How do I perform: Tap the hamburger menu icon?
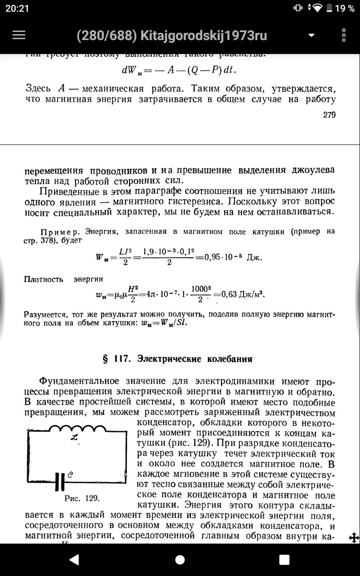point(19,36)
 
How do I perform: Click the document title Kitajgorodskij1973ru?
point(171,36)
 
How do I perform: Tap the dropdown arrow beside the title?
point(311,36)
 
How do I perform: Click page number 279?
point(329,115)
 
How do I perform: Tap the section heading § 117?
point(178,359)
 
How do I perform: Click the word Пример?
point(60,232)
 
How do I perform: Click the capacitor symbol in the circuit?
point(60,481)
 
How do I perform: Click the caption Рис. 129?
point(82,498)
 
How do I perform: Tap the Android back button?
point(74,559)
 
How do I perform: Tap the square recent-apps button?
point(284,559)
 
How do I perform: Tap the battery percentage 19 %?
point(345,8)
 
